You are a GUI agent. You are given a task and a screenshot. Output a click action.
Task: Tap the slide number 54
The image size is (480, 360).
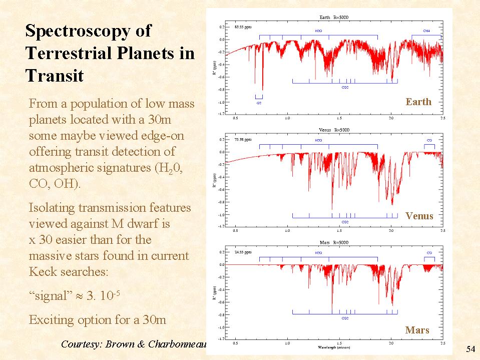470,348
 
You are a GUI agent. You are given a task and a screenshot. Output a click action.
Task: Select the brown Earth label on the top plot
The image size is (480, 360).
418,102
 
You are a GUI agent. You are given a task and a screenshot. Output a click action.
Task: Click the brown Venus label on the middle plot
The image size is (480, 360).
419,216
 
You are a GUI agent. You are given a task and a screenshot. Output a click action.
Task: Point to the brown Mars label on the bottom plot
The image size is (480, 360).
417,330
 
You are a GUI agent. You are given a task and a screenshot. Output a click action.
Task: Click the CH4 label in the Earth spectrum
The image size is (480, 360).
426,31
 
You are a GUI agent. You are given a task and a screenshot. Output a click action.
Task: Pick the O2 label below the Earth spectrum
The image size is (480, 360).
259,102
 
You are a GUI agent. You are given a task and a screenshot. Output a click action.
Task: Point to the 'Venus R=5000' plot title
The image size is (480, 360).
333,130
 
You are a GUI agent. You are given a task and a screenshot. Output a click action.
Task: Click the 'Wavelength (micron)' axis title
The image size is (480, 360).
333,347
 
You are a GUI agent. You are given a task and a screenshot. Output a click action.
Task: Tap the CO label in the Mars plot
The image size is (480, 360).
429,253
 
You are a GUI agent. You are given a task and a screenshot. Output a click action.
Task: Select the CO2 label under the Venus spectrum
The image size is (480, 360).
345,222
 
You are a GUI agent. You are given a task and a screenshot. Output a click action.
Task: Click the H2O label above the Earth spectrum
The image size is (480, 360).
318,31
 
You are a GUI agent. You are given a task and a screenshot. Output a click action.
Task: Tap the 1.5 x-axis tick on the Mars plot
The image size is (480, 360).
339,343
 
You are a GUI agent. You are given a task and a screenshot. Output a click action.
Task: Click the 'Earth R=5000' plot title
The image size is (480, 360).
333,18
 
